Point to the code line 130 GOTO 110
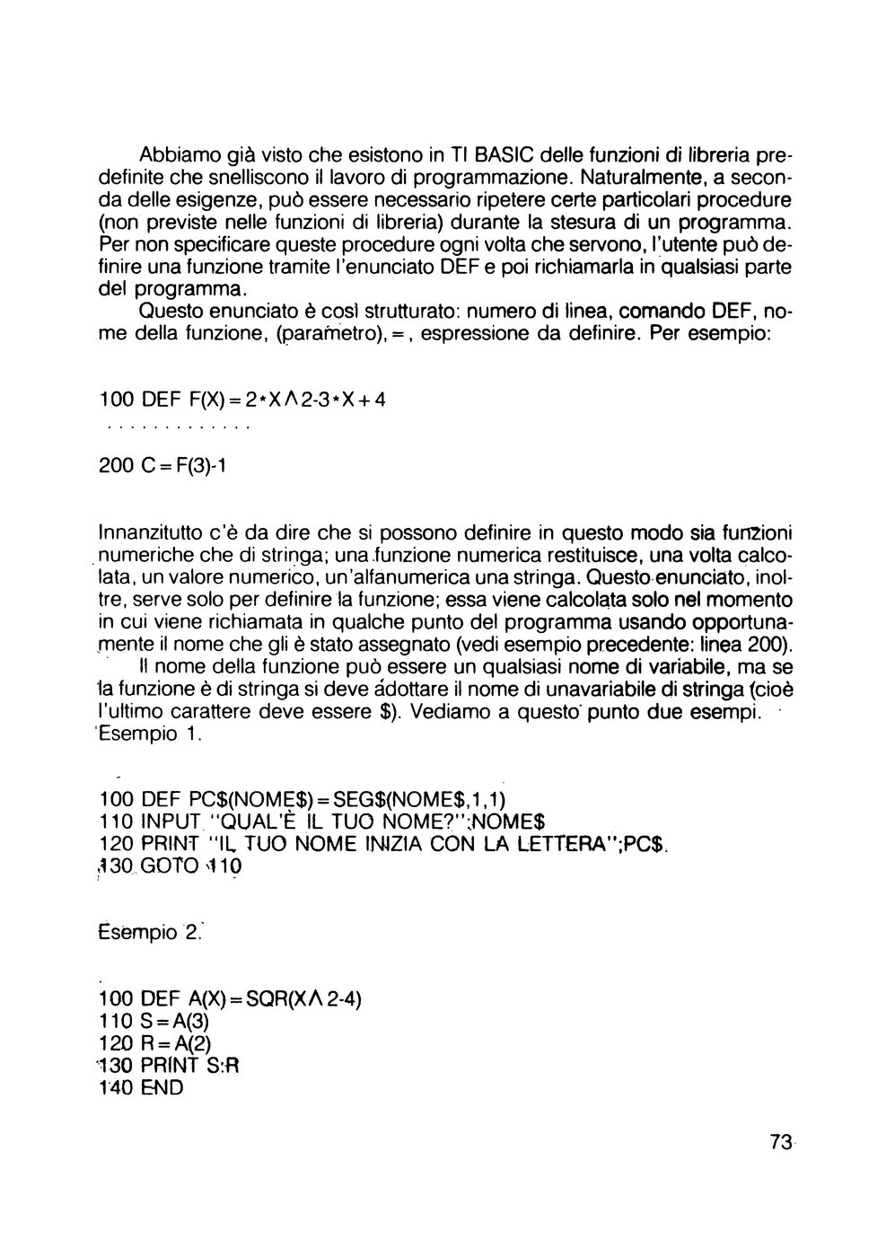(170, 866)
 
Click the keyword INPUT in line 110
(172, 822)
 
